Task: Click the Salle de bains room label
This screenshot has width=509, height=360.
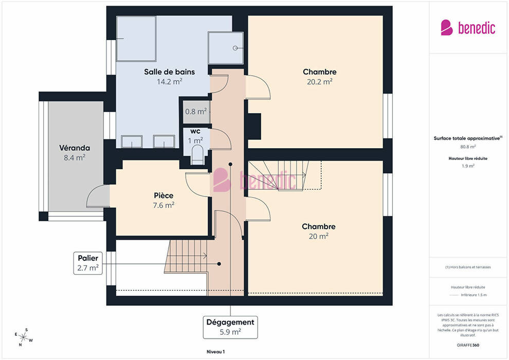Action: coord(170,71)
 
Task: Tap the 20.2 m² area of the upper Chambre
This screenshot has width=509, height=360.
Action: coord(319,81)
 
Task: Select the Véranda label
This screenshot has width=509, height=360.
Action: coord(75,148)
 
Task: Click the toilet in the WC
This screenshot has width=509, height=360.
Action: coord(197,154)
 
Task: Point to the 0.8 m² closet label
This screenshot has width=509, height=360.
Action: coord(196,112)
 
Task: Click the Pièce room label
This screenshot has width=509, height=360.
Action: coord(163,195)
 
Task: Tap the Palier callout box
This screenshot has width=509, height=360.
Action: coord(88,263)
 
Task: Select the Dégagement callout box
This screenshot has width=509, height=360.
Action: coord(230,327)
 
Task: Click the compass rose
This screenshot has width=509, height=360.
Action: coord(23,337)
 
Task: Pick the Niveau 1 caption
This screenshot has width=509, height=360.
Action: coord(215,352)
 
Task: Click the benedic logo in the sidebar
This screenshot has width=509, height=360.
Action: coord(468,28)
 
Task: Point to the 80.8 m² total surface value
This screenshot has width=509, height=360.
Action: coord(468,147)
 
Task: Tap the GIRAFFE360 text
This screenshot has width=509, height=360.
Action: coord(468,345)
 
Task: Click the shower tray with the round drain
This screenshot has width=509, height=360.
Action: coord(226,48)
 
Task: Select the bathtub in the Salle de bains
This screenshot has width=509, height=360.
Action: coord(136,39)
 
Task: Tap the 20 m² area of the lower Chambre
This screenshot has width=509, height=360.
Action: coord(318,236)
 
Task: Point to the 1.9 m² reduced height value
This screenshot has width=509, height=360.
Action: coord(468,166)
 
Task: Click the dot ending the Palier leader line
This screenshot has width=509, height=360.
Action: coord(219,264)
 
